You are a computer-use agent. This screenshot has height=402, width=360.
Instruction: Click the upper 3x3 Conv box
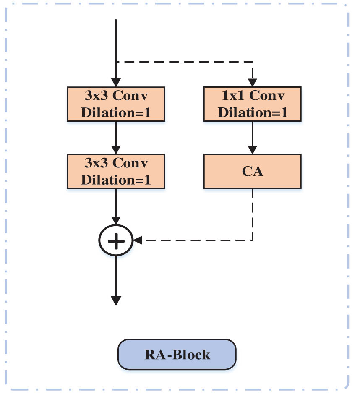click(x=116, y=104)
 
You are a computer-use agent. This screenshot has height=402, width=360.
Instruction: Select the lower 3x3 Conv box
click(x=116, y=170)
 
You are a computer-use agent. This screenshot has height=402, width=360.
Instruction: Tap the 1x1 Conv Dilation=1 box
click(x=252, y=104)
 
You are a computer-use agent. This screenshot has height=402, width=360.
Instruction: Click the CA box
click(x=252, y=171)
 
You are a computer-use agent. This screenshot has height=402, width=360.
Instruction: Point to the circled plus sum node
click(x=116, y=240)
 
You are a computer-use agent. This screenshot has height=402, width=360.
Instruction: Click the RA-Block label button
click(x=177, y=355)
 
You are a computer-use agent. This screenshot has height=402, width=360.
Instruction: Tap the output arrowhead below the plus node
click(x=116, y=300)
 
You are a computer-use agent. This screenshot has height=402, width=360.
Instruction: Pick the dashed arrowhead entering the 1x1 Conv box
click(x=252, y=83)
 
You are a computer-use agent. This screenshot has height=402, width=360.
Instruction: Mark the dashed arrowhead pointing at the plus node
click(x=138, y=240)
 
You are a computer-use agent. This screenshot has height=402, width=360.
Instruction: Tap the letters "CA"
click(x=252, y=171)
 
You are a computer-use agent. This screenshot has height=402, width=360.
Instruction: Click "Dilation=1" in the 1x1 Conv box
click(x=252, y=112)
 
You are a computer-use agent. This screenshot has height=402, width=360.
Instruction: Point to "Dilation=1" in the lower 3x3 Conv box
click(x=116, y=179)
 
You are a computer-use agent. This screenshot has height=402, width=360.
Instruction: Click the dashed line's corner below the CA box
click(x=252, y=240)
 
